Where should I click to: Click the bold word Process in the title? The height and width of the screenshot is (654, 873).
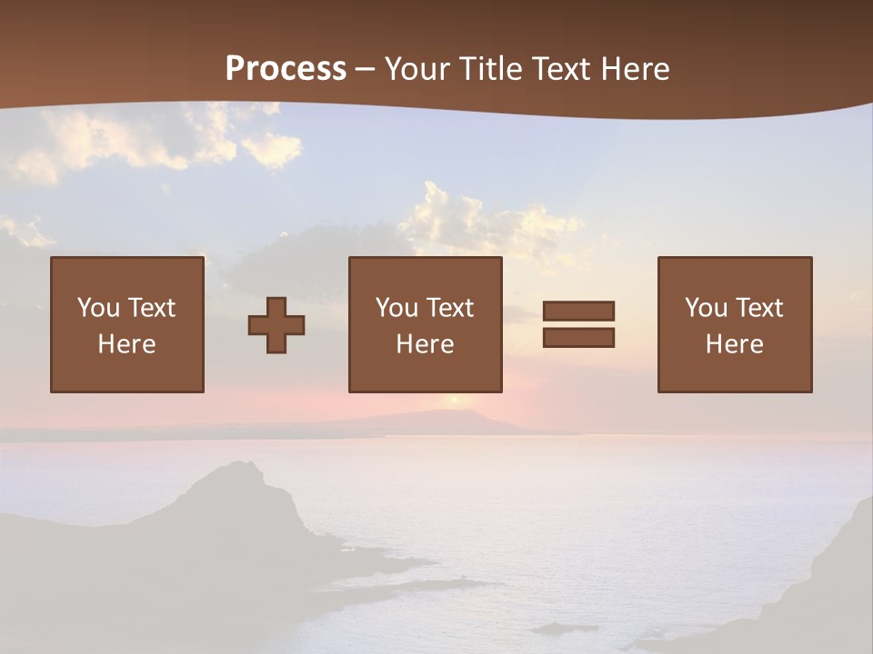click(x=286, y=69)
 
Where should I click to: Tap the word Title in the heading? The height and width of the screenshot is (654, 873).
click(x=491, y=69)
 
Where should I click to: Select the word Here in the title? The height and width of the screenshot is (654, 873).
click(x=636, y=69)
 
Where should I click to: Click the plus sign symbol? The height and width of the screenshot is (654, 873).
click(x=276, y=325)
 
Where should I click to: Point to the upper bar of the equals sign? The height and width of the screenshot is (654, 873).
click(x=578, y=311)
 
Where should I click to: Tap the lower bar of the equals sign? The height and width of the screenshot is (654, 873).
click(x=578, y=338)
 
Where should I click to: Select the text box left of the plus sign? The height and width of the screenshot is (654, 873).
click(x=127, y=324)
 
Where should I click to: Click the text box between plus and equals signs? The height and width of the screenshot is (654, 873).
click(x=425, y=324)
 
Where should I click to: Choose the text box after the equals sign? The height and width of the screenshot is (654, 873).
click(x=735, y=324)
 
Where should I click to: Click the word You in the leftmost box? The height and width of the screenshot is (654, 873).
click(x=98, y=308)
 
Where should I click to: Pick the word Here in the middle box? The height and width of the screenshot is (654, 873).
click(x=425, y=344)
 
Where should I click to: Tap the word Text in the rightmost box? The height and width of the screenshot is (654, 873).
click(x=758, y=308)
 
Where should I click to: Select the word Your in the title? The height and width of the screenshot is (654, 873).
click(x=419, y=69)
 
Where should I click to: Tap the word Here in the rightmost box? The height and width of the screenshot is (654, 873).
click(x=735, y=344)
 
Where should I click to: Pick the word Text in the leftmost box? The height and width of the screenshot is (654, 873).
click(x=151, y=308)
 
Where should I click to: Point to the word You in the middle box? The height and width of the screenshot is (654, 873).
click(x=396, y=308)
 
